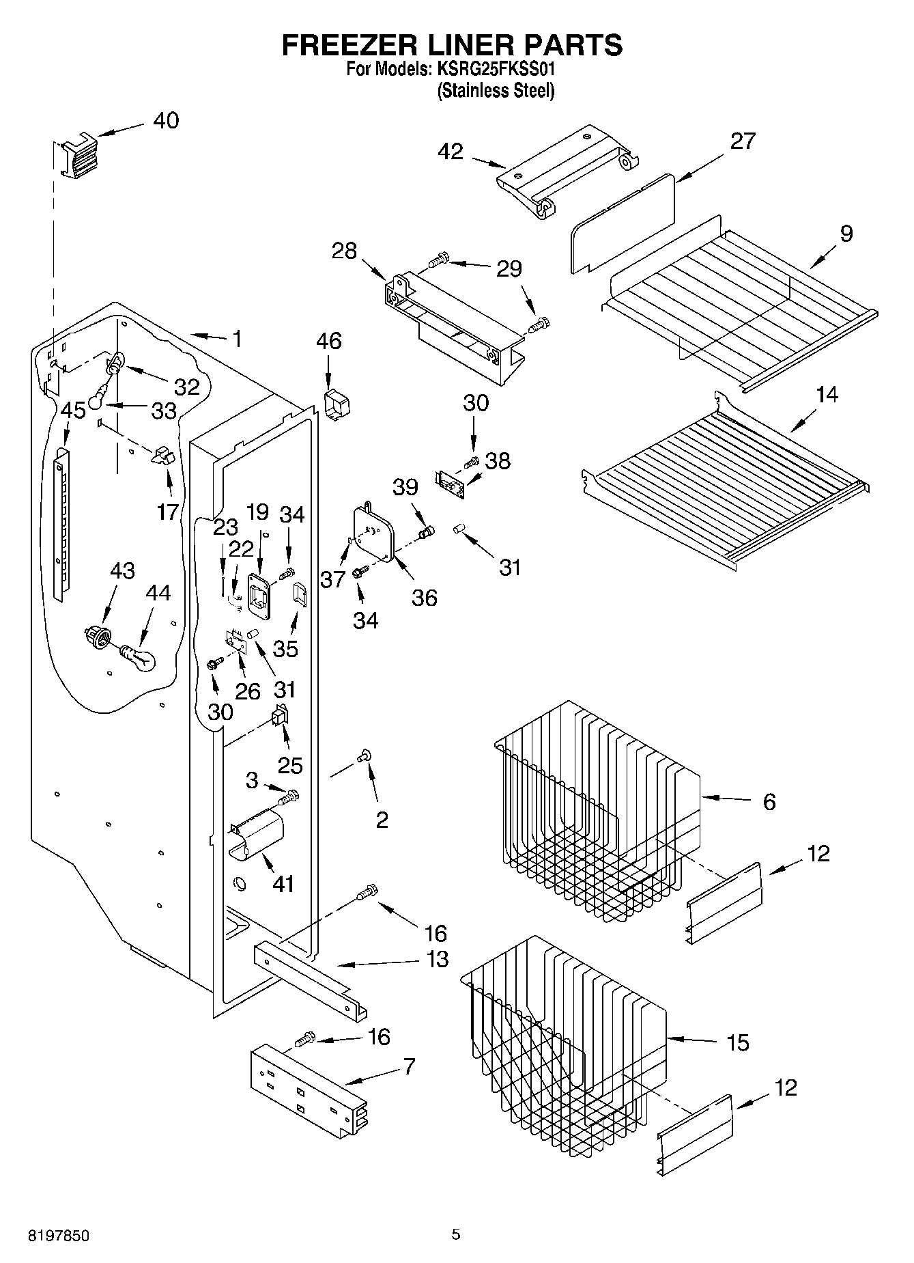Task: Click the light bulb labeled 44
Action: [139, 658]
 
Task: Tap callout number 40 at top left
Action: [165, 120]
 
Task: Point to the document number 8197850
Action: [58, 1235]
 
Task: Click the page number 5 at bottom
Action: [455, 1234]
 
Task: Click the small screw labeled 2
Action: [364, 755]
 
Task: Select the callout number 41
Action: [283, 883]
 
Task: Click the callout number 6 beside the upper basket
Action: [769, 801]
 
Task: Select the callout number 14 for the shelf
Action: [827, 395]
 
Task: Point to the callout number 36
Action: [424, 598]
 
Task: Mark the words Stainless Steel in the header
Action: [496, 90]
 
